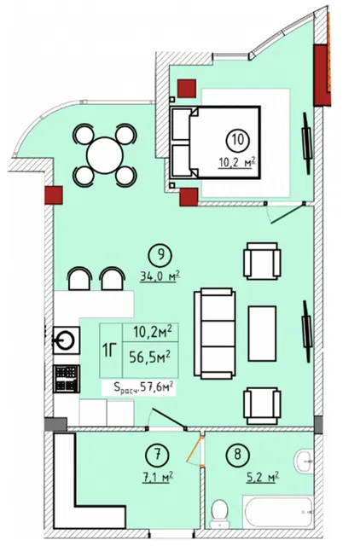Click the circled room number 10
237,140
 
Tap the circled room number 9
160,254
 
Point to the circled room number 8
237,455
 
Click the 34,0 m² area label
160,276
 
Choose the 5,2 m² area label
263,477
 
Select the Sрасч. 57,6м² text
143,386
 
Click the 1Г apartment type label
110,351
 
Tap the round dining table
105,155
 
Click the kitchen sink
67,340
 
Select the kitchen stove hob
67,379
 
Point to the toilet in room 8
220,514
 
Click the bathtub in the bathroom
279,513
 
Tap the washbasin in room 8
304,461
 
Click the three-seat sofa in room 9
215,334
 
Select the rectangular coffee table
262,334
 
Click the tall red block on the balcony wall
322,75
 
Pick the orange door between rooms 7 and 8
195,450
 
